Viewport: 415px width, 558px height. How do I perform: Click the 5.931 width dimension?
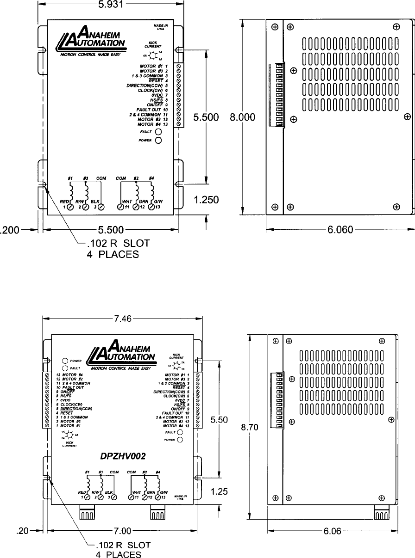click(x=111, y=5)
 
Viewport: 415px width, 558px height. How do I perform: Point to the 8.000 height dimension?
click(x=243, y=117)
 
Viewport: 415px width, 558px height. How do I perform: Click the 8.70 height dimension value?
click(x=249, y=428)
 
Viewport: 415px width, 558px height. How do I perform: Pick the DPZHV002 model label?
click(x=123, y=456)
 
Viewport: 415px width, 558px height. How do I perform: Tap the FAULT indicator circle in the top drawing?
click(x=158, y=132)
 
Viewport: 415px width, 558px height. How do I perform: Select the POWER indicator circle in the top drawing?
click(x=158, y=140)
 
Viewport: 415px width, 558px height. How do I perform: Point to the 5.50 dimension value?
click(x=219, y=420)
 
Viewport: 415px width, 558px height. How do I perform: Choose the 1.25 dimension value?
click(x=219, y=492)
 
